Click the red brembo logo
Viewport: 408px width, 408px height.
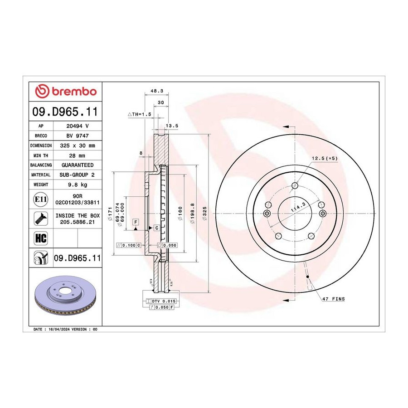(66, 91)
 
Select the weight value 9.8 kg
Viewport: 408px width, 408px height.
(78, 185)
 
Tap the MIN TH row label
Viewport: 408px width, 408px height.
(41, 155)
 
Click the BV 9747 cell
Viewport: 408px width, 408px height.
(78, 136)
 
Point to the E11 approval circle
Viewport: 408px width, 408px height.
(41, 199)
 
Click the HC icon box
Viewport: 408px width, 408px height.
(41, 238)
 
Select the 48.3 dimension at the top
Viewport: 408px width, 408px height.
(157, 91)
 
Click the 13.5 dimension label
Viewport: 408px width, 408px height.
(172, 126)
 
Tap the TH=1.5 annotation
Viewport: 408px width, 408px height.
(140, 114)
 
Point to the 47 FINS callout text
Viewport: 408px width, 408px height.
(334, 299)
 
